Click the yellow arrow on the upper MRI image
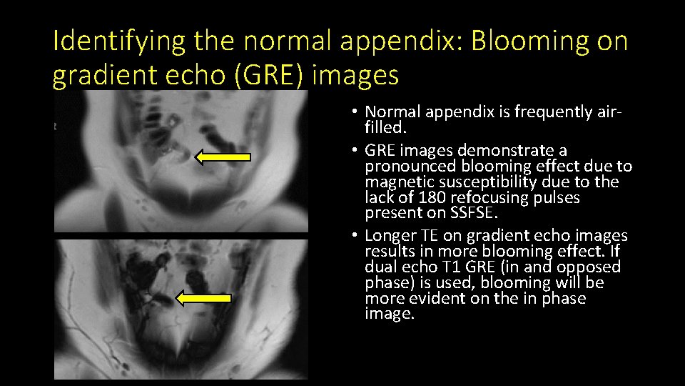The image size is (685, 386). (x=223, y=157)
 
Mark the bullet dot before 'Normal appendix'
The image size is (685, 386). (x=355, y=113)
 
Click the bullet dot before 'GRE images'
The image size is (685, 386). (x=355, y=151)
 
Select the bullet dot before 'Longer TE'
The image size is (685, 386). (x=355, y=237)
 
